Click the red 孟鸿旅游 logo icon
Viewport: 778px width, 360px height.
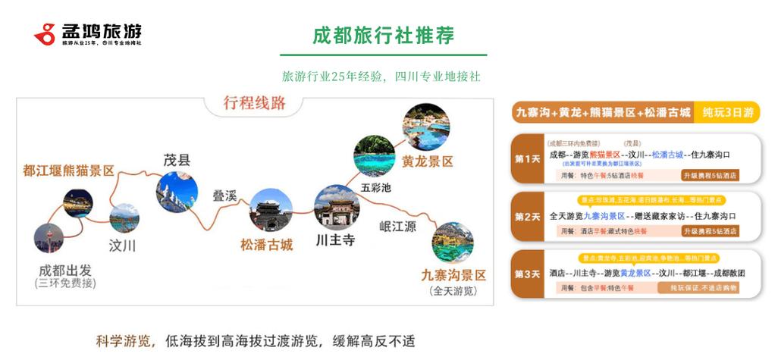pyautogui.click(x=45, y=33)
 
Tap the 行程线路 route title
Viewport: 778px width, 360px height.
pyautogui.click(x=255, y=104)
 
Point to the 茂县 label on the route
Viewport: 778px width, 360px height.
pyautogui.click(x=177, y=160)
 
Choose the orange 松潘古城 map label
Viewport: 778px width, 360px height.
pyautogui.click(x=266, y=245)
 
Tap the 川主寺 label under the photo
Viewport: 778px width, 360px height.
pyautogui.click(x=335, y=241)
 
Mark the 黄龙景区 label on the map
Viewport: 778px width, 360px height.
pyautogui.click(x=428, y=161)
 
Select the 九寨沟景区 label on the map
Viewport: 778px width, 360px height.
pyautogui.click(x=453, y=276)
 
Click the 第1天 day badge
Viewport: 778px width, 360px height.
pyautogui.click(x=527, y=159)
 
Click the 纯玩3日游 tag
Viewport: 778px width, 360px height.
pyautogui.click(x=727, y=113)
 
